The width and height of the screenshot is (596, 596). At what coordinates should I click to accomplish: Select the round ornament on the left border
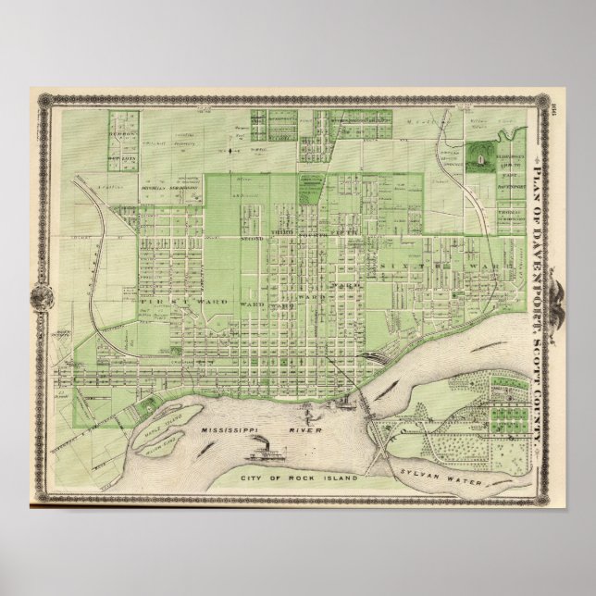[41, 298]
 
